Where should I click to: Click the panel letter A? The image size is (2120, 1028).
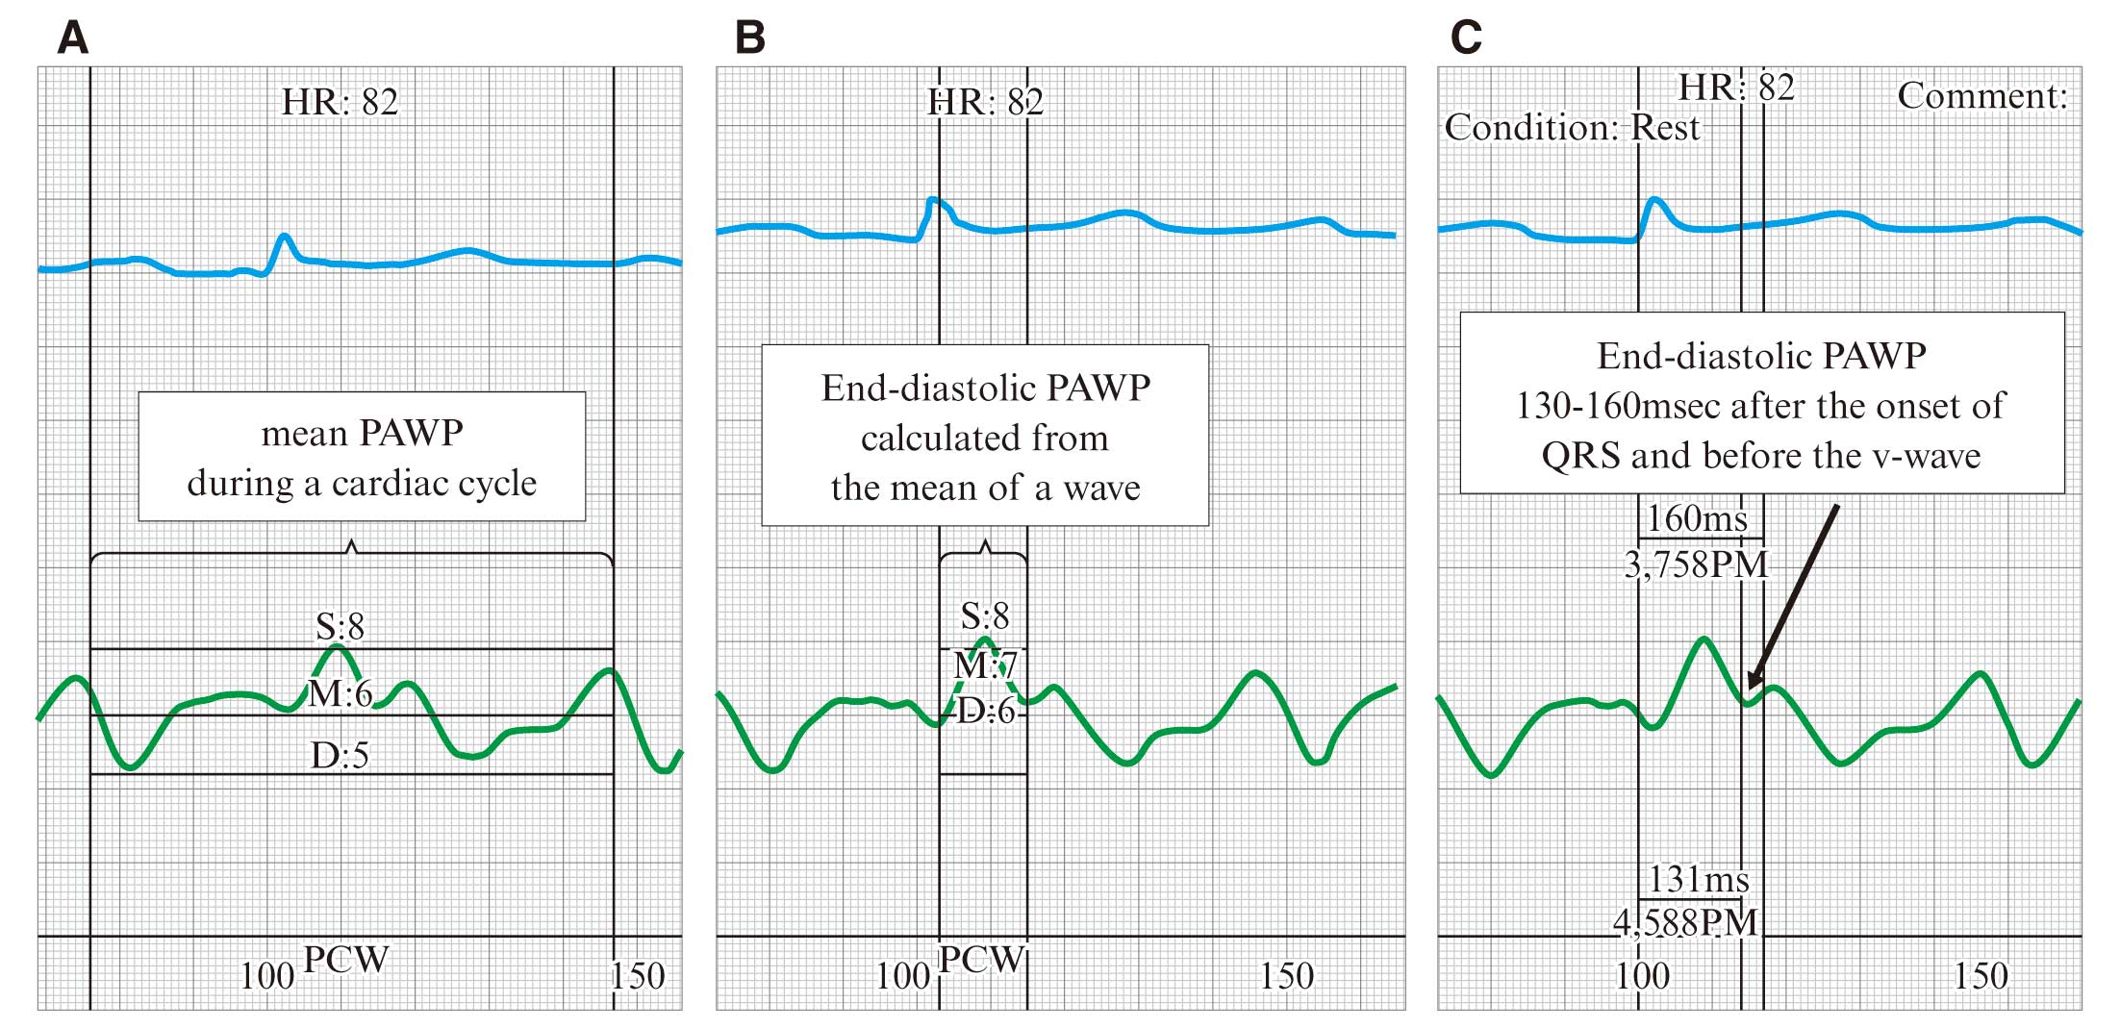click(x=73, y=38)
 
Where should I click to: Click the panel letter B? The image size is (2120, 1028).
click(x=750, y=38)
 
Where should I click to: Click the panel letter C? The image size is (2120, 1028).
click(x=1466, y=38)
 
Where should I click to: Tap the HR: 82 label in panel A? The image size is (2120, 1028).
click(x=340, y=102)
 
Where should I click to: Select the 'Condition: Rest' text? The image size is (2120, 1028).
click(x=1572, y=128)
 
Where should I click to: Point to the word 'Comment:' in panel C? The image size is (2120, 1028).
click(x=1982, y=96)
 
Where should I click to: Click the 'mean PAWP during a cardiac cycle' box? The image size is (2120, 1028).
click(x=362, y=457)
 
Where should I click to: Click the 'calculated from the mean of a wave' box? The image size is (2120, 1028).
click(x=985, y=436)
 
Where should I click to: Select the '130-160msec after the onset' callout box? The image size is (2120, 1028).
click(x=1762, y=403)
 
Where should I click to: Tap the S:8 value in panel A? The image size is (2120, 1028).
click(x=341, y=627)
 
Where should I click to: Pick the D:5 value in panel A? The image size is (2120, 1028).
click(x=340, y=756)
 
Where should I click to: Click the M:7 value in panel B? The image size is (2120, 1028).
click(x=985, y=665)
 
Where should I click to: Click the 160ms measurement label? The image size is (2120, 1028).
click(x=1697, y=519)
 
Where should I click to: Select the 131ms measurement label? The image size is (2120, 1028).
click(x=1699, y=879)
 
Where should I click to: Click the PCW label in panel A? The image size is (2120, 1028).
click(x=345, y=960)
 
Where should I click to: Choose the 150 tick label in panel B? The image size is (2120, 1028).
click(x=1287, y=977)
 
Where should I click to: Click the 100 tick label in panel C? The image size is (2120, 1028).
click(x=1642, y=977)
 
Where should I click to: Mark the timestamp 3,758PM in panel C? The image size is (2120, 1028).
click(x=1697, y=564)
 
